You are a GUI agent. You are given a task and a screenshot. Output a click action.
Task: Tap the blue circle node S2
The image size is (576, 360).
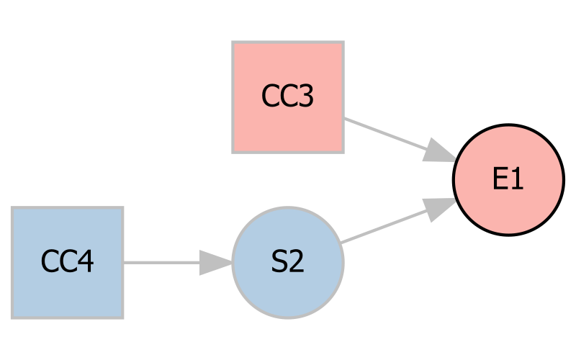287,263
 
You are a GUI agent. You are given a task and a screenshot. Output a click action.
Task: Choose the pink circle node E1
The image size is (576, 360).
508,179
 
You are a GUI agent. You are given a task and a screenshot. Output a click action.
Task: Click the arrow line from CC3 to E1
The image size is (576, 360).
382,133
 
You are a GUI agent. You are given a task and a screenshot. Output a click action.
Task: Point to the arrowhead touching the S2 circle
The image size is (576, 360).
216,263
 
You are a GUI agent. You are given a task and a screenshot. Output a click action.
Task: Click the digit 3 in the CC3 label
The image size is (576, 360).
305,96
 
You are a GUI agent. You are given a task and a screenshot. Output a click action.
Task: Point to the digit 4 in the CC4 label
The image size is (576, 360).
85,262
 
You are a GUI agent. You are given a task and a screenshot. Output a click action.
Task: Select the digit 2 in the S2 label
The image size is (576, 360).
297,263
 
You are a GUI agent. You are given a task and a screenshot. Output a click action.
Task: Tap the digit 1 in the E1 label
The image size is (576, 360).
516,179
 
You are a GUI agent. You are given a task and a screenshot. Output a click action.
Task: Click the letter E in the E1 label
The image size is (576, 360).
500,179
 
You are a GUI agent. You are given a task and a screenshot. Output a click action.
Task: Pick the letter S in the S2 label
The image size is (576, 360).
279,263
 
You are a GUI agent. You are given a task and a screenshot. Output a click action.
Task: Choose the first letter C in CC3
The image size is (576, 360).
270,96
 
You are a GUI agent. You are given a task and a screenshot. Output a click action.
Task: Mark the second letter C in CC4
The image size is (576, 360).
67,262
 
